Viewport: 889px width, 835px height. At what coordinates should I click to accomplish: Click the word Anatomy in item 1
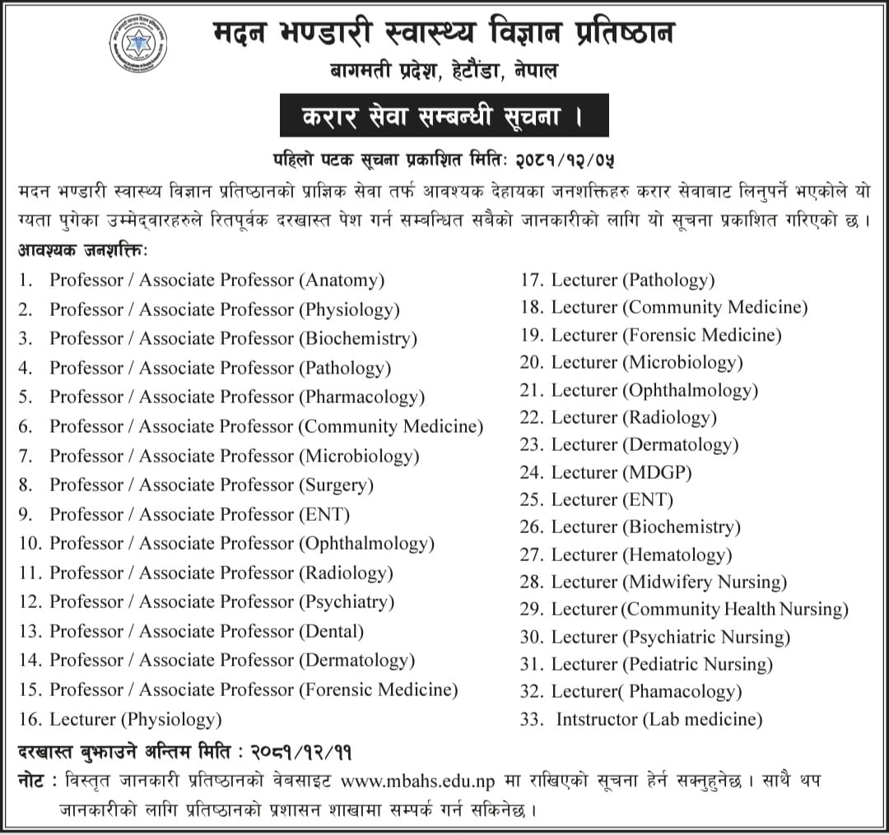tap(342, 280)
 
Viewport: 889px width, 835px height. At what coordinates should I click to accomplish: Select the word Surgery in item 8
tap(337, 485)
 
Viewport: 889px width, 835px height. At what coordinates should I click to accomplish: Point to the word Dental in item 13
tap(333, 632)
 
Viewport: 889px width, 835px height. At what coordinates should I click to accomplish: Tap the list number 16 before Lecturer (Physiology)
tap(30, 719)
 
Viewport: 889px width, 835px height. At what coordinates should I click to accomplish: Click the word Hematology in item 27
tap(678, 554)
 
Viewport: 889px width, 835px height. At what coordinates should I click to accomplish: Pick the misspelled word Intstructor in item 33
tap(598, 719)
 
